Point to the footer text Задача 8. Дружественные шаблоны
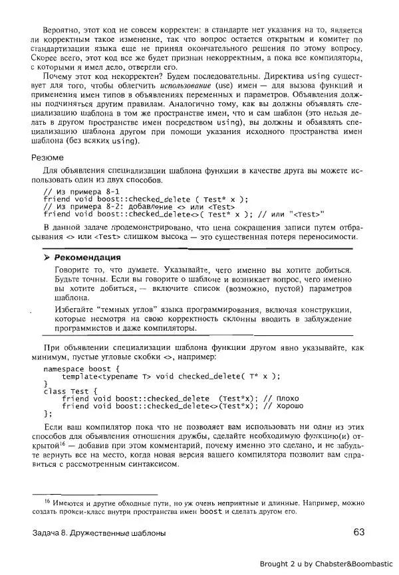99,533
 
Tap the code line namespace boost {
80,367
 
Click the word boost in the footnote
211,512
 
